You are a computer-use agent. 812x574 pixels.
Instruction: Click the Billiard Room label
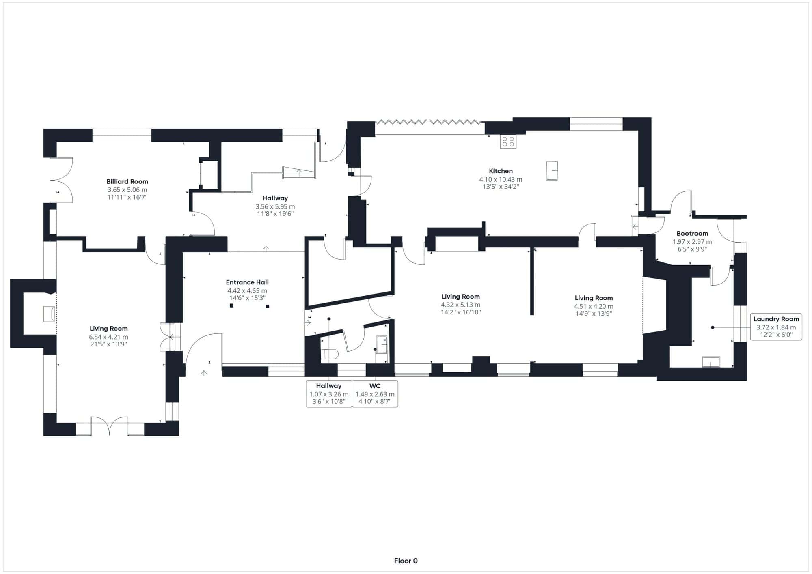[x=127, y=181]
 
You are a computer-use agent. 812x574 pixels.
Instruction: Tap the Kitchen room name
[x=501, y=171]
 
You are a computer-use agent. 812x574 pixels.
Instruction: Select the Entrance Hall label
[x=247, y=282]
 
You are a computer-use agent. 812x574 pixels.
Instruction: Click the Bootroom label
[x=692, y=233]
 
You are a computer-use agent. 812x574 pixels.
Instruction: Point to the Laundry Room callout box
[x=776, y=327]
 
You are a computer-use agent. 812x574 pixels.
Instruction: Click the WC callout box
[x=375, y=393]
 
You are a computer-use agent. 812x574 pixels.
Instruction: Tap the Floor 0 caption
[x=406, y=561]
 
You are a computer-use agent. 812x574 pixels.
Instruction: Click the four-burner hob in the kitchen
[x=508, y=141]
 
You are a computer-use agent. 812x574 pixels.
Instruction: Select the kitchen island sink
[x=552, y=170]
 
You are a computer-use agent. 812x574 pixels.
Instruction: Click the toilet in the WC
[x=330, y=354]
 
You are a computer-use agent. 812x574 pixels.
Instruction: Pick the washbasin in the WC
[x=381, y=345]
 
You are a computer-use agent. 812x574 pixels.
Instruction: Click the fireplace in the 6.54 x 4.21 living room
[x=50, y=314]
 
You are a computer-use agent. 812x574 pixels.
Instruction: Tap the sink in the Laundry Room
[x=711, y=362]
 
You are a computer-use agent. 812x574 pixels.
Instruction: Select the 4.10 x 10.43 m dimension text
[x=501, y=179]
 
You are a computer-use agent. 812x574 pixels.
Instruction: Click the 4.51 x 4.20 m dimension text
[x=594, y=306]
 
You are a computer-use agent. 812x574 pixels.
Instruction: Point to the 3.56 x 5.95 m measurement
[x=275, y=206]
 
